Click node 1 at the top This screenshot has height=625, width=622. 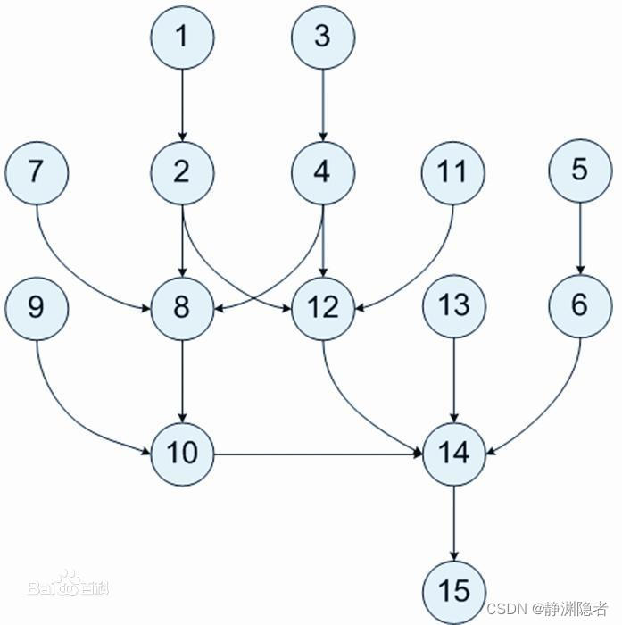182,37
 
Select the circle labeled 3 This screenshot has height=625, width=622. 323,37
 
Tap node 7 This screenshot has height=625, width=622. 36,171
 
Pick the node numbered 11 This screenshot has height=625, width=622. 453,171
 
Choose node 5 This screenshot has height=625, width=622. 580,171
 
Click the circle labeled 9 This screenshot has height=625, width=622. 36,307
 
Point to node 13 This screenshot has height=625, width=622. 453,307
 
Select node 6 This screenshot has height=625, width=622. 580,306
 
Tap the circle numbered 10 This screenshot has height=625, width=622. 182,454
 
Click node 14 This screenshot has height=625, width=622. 453,454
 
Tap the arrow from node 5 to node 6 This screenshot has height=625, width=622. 580,238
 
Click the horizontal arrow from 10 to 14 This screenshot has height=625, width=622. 317,454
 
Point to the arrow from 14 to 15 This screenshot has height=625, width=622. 453,522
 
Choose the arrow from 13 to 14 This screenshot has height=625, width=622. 453,380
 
